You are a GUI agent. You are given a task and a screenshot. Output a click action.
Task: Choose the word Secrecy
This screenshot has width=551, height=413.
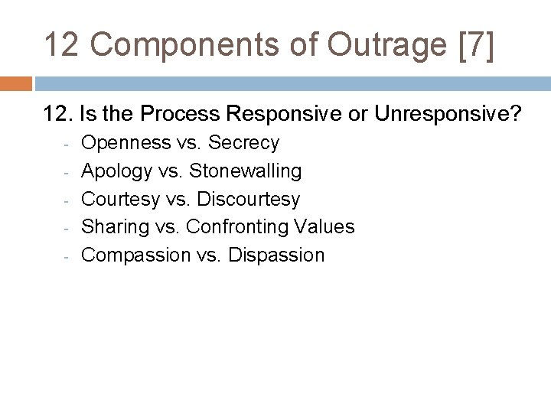243,143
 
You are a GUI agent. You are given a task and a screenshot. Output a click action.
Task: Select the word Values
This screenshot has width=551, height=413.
328,226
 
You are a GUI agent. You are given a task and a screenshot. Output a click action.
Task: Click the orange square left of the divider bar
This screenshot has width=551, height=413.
15,83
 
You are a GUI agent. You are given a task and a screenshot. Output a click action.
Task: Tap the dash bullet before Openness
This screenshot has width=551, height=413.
67,145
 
